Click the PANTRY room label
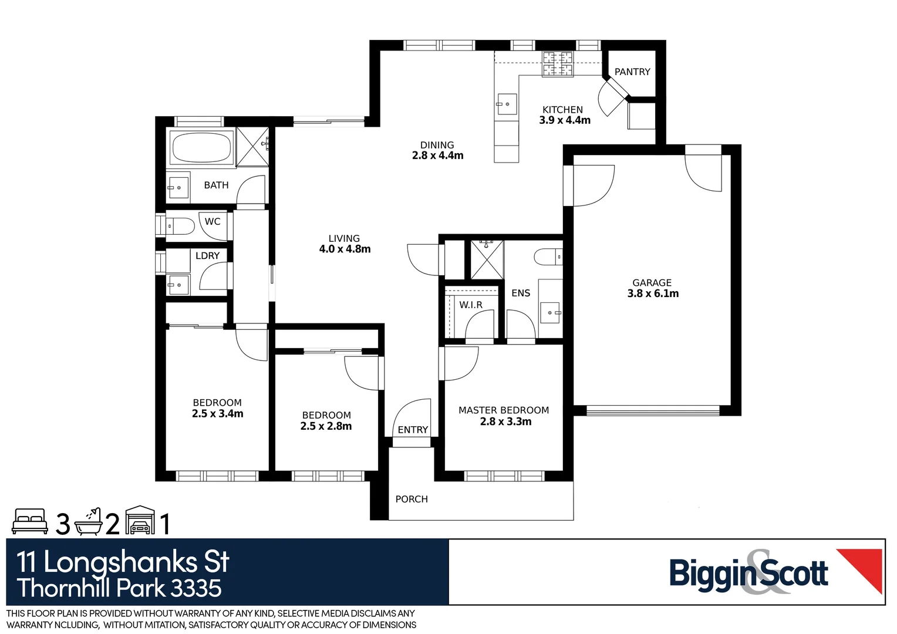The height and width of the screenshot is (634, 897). [x=632, y=72]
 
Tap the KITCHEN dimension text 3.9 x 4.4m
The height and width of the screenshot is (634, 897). [x=565, y=120]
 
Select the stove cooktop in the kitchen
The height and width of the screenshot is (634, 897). [x=557, y=64]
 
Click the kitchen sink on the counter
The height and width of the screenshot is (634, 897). [x=507, y=104]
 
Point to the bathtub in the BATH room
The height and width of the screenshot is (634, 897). [x=201, y=147]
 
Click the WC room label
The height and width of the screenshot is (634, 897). [x=213, y=221]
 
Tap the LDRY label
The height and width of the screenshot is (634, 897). [x=207, y=256]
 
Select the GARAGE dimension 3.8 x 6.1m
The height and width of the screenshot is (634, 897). [x=653, y=294]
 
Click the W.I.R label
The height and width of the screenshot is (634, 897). [x=471, y=305]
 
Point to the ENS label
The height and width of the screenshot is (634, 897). [x=521, y=293]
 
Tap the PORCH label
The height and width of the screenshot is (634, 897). [x=412, y=499]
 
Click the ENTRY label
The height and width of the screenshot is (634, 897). [x=413, y=430]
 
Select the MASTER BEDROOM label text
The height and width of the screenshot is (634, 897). [x=504, y=410]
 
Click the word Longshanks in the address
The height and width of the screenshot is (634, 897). [x=120, y=562]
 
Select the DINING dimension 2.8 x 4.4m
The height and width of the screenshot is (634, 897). [x=437, y=156]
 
